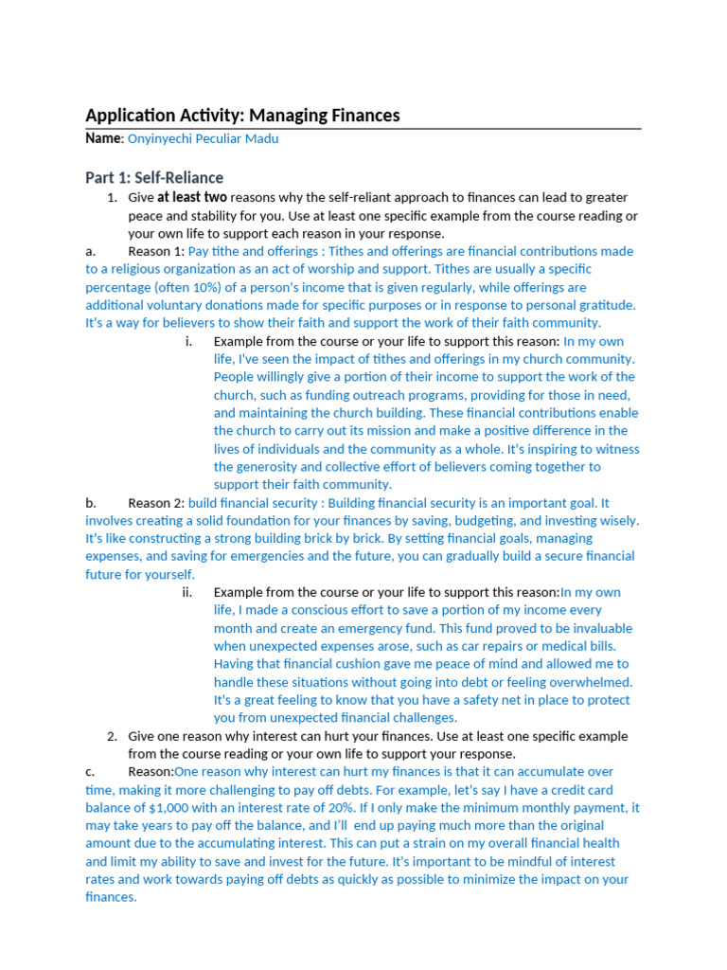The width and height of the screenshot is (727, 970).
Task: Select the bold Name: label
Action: (x=104, y=138)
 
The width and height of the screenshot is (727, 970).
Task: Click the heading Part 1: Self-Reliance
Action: (x=154, y=177)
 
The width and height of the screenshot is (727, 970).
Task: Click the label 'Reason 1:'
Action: (x=156, y=251)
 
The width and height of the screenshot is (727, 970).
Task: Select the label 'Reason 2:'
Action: (x=156, y=503)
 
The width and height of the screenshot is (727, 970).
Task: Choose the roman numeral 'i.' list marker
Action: (x=189, y=341)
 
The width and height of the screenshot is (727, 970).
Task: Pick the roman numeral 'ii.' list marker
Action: (x=187, y=592)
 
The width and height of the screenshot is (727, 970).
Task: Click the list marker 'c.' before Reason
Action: (x=90, y=772)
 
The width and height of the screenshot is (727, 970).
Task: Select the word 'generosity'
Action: (x=268, y=467)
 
